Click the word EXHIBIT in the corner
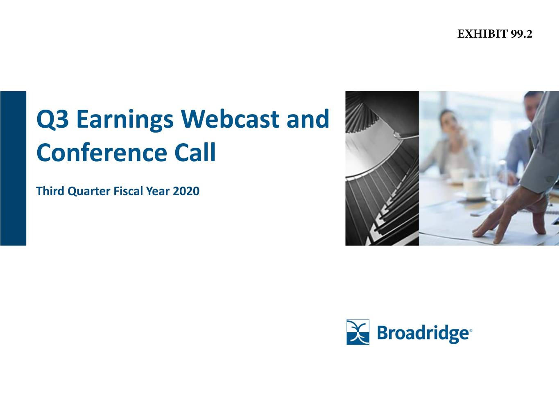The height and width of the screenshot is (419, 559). (482, 34)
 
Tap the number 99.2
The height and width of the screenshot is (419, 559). (522, 34)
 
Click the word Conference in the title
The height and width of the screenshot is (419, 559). (102, 152)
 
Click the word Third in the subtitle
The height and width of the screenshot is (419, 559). (50, 191)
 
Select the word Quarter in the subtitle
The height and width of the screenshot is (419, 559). (88, 191)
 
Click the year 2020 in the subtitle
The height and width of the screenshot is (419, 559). (186, 191)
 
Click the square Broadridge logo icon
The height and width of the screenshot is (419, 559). (358, 332)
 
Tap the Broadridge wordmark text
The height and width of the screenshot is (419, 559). (424, 333)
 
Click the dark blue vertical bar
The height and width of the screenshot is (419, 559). (13, 168)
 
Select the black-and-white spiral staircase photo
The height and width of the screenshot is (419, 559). (382, 168)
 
